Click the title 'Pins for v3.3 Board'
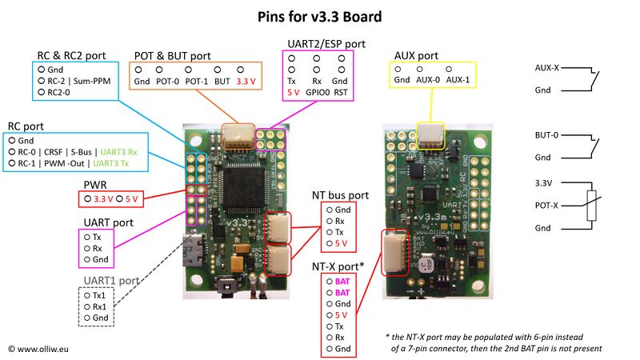click(x=320, y=16)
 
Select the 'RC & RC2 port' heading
click(x=71, y=55)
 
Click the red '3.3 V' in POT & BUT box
click(x=248, y=82)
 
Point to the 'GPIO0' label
click(x=317, y=92)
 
